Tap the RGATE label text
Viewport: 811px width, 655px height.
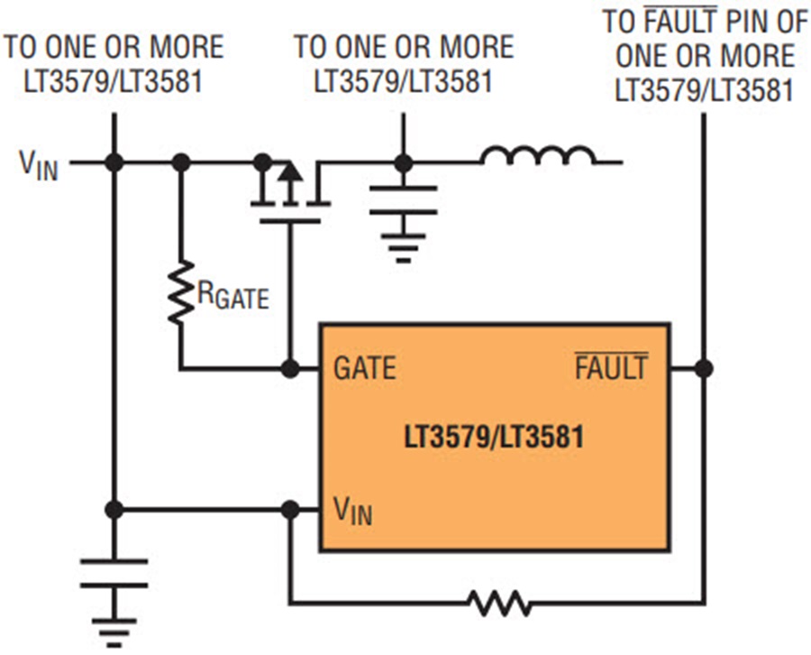click(232, 294)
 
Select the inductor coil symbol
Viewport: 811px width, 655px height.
click(538, 157)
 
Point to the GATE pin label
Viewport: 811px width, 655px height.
click(365, 369)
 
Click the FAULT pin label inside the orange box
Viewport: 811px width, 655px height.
click(610, 368)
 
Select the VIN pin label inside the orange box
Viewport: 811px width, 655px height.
click(353, 511)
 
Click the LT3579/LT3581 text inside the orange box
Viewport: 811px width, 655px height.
click(494, 439)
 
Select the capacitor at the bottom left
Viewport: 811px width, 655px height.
click(114, 573)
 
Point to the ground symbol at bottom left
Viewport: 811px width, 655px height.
click(114, 632)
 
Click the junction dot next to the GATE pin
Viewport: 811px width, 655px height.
click(289, 368)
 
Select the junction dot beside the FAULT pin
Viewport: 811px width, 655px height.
click(704, 368)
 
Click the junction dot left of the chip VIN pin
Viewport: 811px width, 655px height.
click(289, 510)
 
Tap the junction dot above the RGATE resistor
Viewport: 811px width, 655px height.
click(181, 162)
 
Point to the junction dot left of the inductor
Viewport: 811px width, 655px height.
click(403, 162)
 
